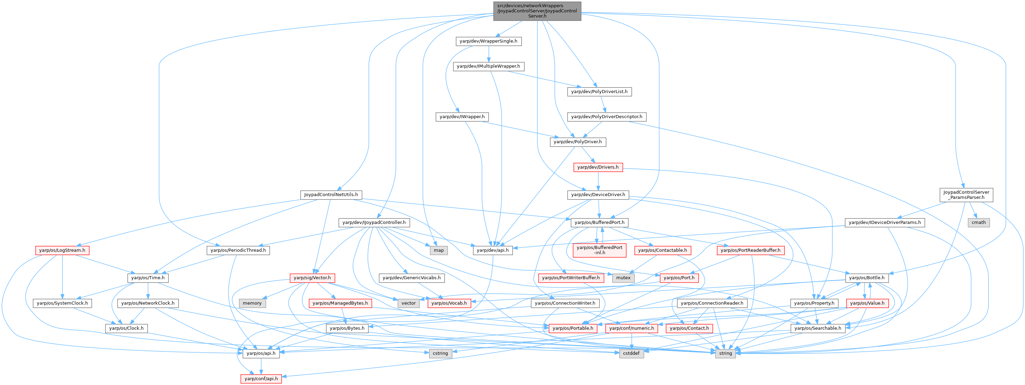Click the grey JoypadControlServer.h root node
[537, 11]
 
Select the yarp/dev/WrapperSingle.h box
[488, 41]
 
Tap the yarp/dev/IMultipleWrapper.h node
[488, 66]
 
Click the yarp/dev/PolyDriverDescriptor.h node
[606, 116]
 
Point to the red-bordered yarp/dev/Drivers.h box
[598, 167]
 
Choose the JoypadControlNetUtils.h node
[331, 195]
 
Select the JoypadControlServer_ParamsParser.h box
[966, 194]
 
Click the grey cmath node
[978, 222]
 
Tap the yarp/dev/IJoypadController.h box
[374, 222]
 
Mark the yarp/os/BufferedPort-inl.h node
[599, 250]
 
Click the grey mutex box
[623, 278]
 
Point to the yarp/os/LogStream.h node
[62, 250]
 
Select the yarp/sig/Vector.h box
[312, 278]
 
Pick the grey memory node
[252, 303]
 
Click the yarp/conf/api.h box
[261, 378]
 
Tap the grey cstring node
[440, 353]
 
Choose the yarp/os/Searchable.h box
[817, 328]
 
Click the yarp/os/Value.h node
[867, 303]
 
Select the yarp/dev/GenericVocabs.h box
[412, 278]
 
